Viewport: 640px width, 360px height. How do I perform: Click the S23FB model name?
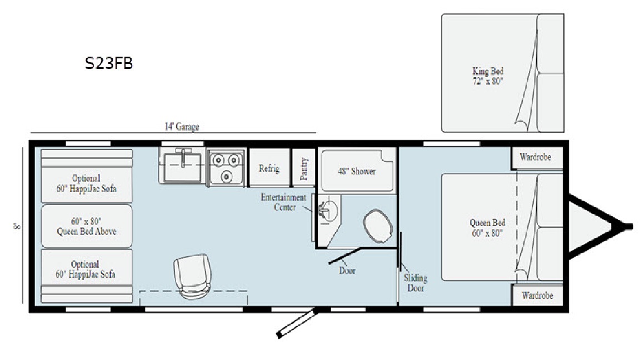pos(108,63)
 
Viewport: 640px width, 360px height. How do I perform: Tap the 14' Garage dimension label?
pos(182,127)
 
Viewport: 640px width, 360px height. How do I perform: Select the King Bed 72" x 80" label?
pos(488,76)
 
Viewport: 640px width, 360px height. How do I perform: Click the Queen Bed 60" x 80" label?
pos(487,227)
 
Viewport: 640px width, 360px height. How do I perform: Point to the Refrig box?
pos(269,168)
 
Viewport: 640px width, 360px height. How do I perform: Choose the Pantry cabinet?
pos(304,168)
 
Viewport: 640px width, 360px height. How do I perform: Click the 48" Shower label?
pos(357,172)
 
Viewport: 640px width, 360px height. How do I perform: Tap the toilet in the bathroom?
pos(378,226)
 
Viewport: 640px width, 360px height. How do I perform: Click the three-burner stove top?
pos(226,167)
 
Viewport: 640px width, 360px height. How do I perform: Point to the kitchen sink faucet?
pos(185,158)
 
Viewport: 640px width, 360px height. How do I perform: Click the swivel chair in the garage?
pos(192,276)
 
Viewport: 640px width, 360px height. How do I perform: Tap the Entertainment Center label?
pos(283,202)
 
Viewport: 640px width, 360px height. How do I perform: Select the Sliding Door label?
pos(416,283)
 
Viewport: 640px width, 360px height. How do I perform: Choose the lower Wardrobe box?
pos(537,295)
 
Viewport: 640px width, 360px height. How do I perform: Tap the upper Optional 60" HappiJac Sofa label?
pos(86,183)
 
